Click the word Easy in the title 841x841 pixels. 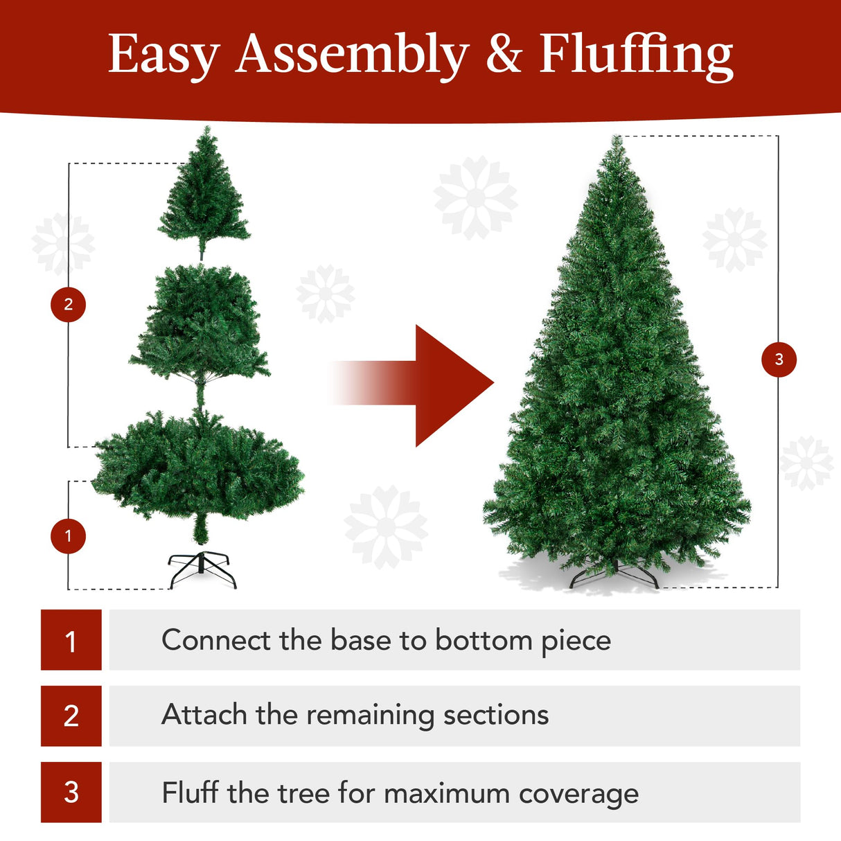coord(163,55)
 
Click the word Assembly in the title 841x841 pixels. coord(352,55)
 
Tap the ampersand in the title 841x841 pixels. coord(504,54)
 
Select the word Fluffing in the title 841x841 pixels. coord(636,55)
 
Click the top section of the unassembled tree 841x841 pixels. coord(204,197)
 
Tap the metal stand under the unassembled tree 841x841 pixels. coord(202,569)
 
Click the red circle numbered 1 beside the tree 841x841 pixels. coord(68,535)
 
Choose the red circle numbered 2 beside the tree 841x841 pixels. coord(68,304)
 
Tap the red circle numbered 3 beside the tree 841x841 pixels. coord(779,359)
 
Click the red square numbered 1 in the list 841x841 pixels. coord(71,640)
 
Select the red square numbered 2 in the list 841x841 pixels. coord(71,716)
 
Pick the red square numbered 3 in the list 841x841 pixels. coord(71,792)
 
